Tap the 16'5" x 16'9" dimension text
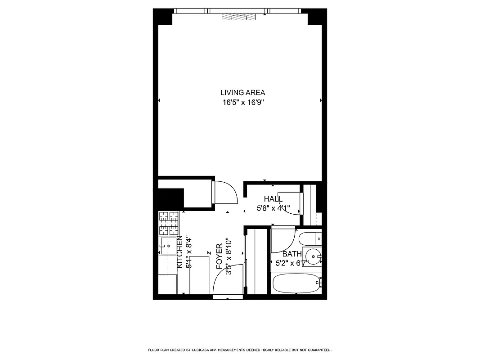pos(242,103)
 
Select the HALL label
pos(273,199)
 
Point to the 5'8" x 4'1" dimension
pos(273,208)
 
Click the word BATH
pos(292,254)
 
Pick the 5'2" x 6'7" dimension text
pos(295,263)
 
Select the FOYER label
pos(219,256)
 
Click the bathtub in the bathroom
pos(297,283)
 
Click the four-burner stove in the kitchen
pos(169,224)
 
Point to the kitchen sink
pos(167,246)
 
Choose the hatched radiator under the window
pos(238,17)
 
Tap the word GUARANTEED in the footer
pos(320,350)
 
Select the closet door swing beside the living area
pos(225,192)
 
